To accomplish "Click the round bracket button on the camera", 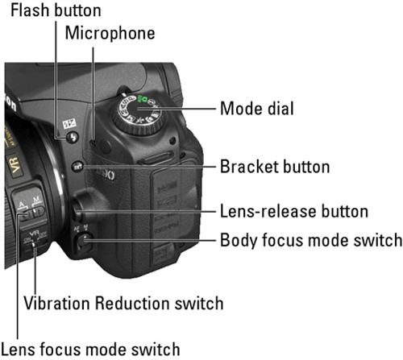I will click(77, 168).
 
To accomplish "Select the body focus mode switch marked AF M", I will click(84, 239).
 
